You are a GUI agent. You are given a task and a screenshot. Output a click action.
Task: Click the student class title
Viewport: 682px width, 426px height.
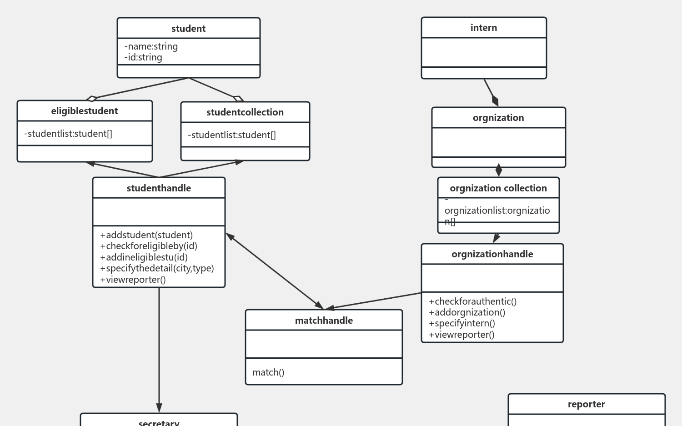188,29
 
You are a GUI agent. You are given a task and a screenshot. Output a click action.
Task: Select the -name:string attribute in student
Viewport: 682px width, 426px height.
151,46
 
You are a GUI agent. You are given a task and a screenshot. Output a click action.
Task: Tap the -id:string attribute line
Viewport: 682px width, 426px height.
143,57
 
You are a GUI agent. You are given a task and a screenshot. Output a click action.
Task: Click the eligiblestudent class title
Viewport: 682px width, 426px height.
85,111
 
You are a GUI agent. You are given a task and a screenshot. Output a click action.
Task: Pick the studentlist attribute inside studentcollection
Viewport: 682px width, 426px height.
232,135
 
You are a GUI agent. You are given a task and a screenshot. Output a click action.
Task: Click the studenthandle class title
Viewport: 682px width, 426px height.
159,188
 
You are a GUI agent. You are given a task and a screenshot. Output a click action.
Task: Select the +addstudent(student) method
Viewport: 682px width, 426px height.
146,235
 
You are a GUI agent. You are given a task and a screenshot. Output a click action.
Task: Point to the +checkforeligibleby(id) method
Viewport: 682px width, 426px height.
149,246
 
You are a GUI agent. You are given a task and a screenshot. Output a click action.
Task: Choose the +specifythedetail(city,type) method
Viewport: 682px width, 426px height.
157,268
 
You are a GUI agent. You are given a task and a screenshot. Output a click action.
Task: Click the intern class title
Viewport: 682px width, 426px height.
484,28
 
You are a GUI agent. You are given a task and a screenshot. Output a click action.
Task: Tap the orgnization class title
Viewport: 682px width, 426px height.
498,118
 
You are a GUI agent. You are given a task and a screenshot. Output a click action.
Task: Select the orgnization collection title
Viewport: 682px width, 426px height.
498,188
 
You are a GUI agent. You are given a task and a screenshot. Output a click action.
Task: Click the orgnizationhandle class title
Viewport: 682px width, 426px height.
492,254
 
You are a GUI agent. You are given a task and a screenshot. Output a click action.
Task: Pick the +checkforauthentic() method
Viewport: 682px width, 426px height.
473,301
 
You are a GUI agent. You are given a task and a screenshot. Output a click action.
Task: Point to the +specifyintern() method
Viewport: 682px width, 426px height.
462,323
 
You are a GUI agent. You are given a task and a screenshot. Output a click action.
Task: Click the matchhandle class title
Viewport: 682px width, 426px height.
324,321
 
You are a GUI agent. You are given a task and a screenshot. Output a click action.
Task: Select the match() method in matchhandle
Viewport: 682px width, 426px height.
268,372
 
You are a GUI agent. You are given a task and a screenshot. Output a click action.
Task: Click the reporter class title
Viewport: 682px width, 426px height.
587,404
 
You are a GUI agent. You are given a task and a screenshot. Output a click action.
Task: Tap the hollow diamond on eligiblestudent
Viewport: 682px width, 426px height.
91,98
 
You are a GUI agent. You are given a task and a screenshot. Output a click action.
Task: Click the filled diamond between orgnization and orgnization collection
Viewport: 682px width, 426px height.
499,170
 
